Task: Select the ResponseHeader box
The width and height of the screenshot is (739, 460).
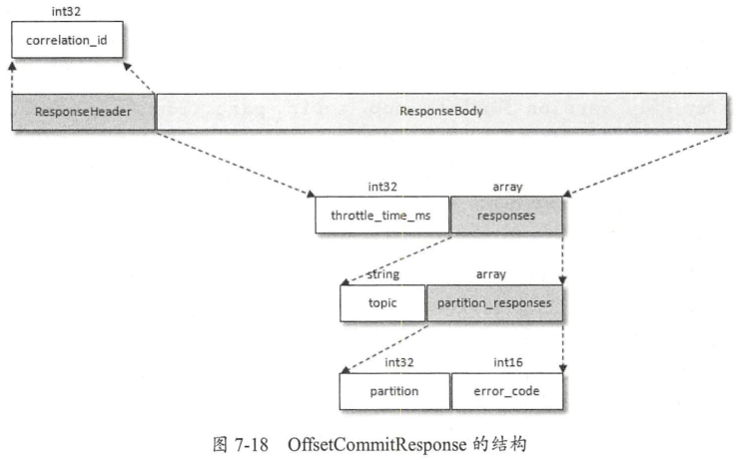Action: [84, 112]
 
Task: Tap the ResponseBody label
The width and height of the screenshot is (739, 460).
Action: [441, 112]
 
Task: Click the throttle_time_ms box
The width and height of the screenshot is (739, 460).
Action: [382, 216]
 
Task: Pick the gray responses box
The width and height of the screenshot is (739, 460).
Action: [506, 216]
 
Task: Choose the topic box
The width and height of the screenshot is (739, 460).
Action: [382, 302]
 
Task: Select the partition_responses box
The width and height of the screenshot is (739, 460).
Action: [494, 302]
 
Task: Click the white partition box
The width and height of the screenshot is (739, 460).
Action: [393, 390]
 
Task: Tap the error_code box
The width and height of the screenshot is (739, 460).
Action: [507, 390]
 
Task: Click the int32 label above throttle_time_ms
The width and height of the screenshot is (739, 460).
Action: [384, 186]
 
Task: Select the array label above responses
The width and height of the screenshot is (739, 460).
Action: [506, 186]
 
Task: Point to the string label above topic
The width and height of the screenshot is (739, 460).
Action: [384, 273]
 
